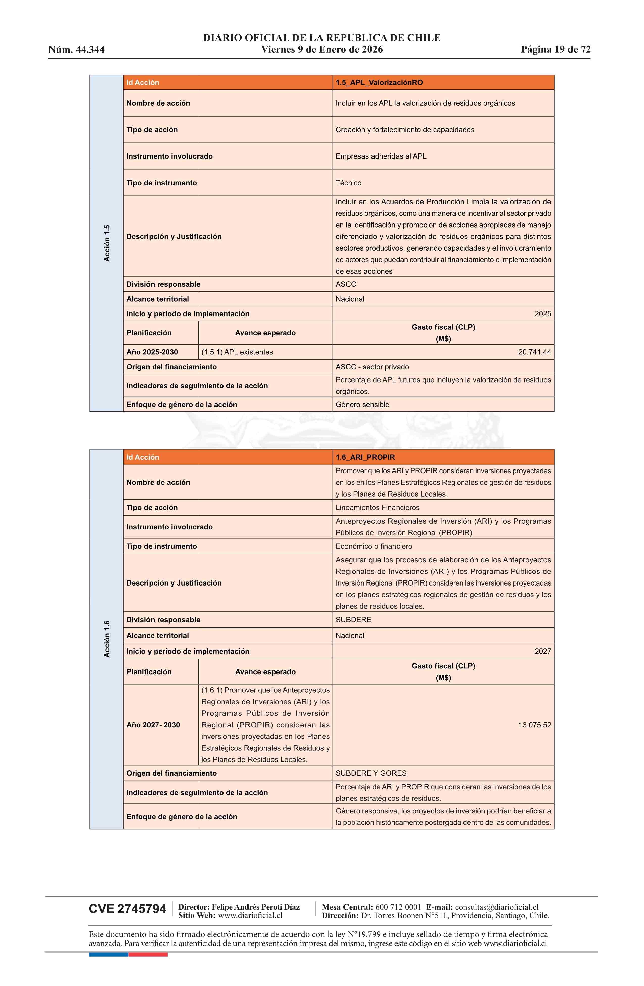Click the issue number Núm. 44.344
[77, 50]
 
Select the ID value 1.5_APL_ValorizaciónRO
[379, 82]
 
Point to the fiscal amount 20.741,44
[534, 352]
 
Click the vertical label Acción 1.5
[107, 243]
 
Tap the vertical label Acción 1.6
[107, 639]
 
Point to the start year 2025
[542, 313]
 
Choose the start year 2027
[542, 651]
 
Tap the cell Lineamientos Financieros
[378, 507]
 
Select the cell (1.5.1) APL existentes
[237, 352]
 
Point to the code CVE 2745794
[128, 909]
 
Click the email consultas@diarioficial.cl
[497, 907]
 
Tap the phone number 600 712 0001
[398, 907]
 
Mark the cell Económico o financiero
[374, 546]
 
